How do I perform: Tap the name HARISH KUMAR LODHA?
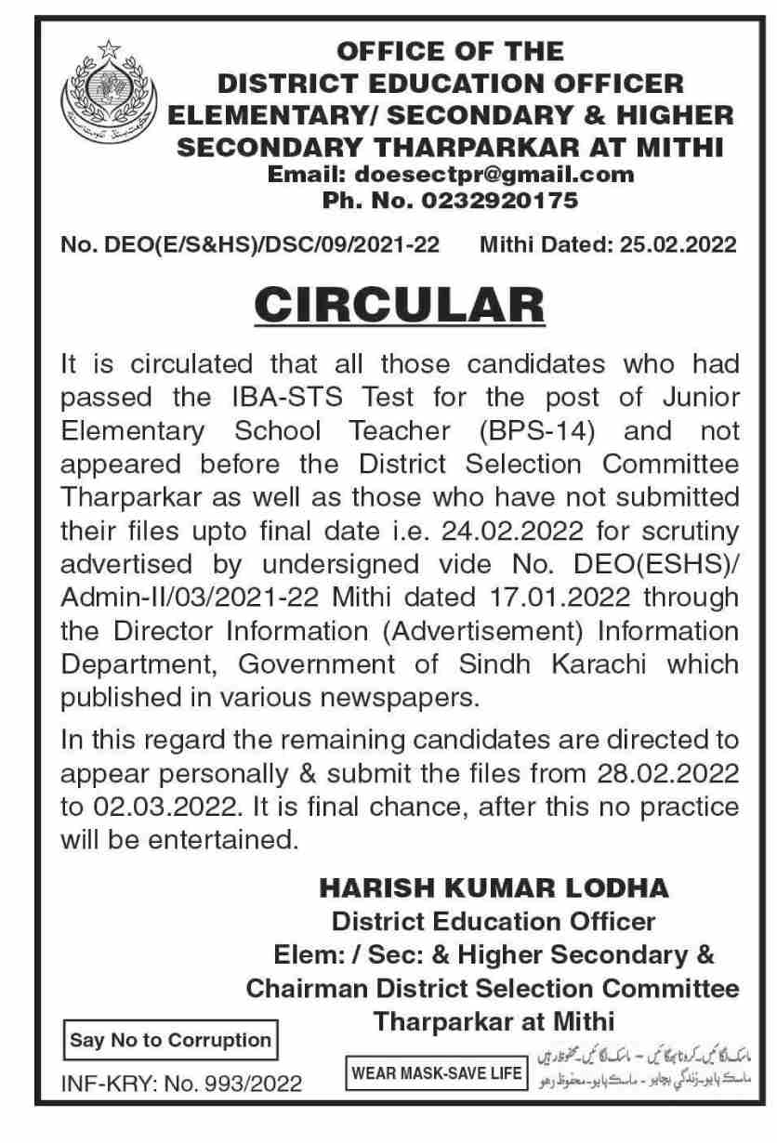(494, 888)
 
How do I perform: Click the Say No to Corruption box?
(170, 1040)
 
